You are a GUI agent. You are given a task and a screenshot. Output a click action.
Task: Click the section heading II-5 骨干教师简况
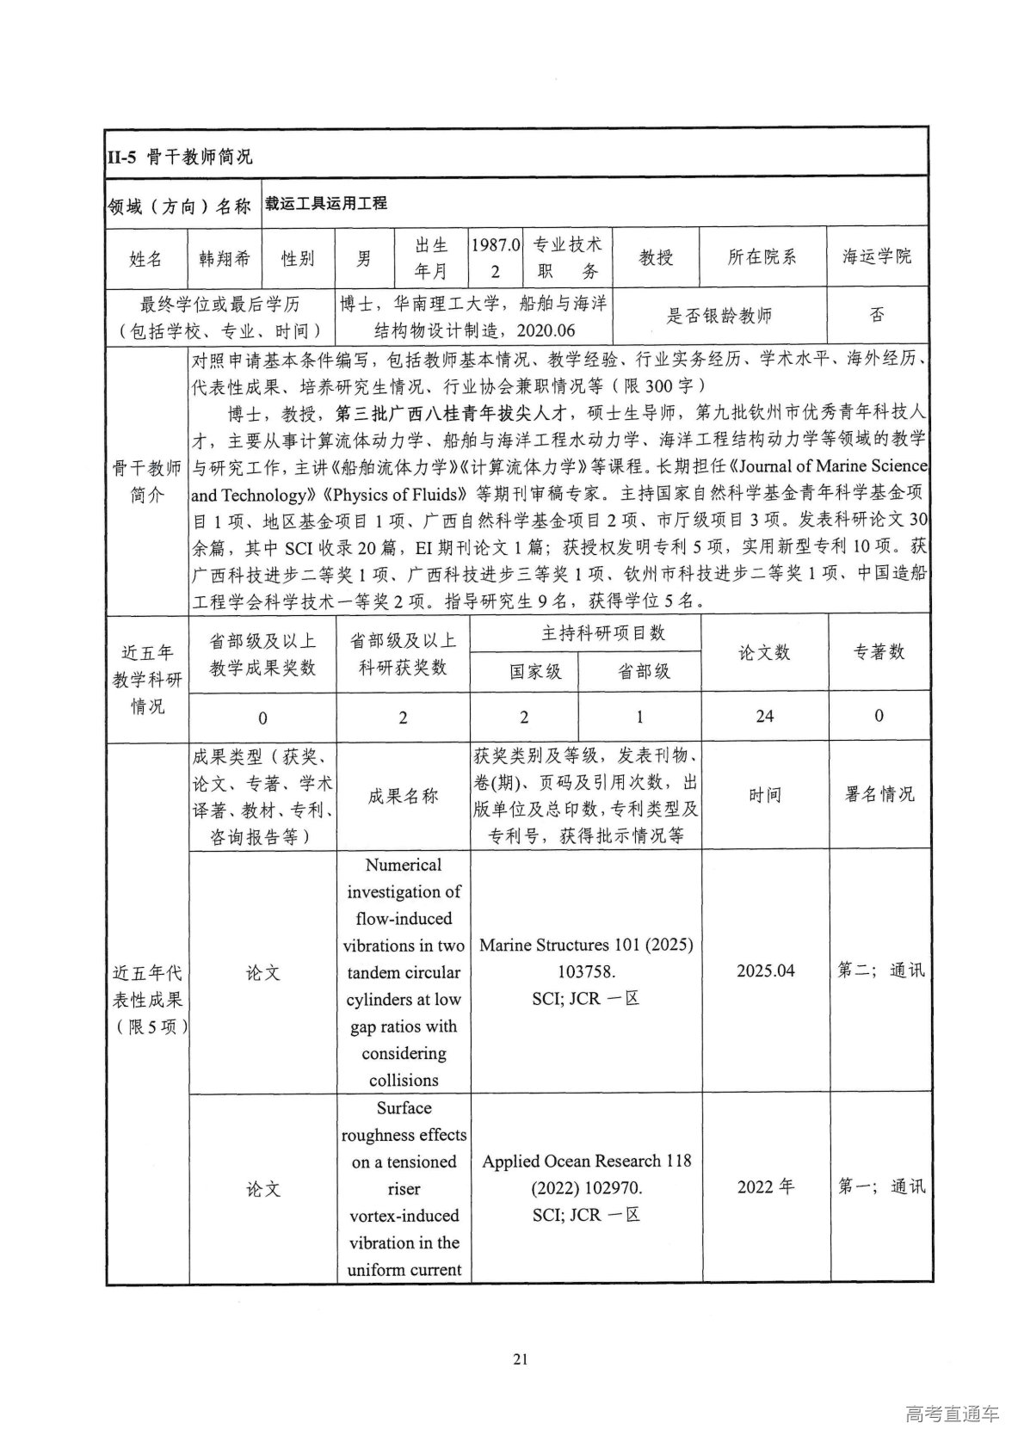(180, 157)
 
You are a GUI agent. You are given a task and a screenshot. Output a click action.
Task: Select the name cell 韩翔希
(224, 257)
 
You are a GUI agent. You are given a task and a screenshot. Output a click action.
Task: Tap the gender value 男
(365, 257)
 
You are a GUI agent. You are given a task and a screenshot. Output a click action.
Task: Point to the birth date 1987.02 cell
(496, 257)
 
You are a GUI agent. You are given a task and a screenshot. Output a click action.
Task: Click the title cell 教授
(656, 256)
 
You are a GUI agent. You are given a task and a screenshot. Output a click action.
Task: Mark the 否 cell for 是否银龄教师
(877, 315)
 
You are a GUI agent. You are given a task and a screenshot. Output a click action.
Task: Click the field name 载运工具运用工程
(325, 204)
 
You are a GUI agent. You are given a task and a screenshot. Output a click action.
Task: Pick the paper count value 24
(764, 716)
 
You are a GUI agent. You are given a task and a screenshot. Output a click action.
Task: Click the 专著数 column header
(879, 652)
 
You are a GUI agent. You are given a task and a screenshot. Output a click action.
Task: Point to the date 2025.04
(765, 970)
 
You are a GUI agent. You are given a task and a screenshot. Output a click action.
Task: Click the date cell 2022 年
(765, 1187)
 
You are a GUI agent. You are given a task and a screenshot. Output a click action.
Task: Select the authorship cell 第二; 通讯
(881, 970)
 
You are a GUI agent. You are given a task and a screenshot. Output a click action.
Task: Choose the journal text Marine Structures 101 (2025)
(586, 945)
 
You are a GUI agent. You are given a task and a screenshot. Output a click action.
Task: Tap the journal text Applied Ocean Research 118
(586, 1161)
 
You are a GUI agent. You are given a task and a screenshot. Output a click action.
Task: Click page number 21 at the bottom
(519, 1359)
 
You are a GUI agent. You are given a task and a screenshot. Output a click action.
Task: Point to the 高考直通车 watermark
(952, 1414)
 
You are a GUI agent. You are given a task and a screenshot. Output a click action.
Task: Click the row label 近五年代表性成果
(148, 999)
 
